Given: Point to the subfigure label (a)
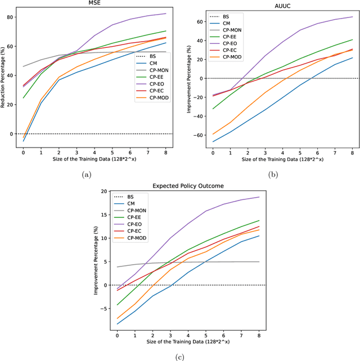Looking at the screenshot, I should tap(87, 175).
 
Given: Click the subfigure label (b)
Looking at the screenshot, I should tap(273, 175).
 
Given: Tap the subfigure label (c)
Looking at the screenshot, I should tap(179, 355).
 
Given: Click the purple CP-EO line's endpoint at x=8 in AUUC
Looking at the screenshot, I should tap(353, 16).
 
